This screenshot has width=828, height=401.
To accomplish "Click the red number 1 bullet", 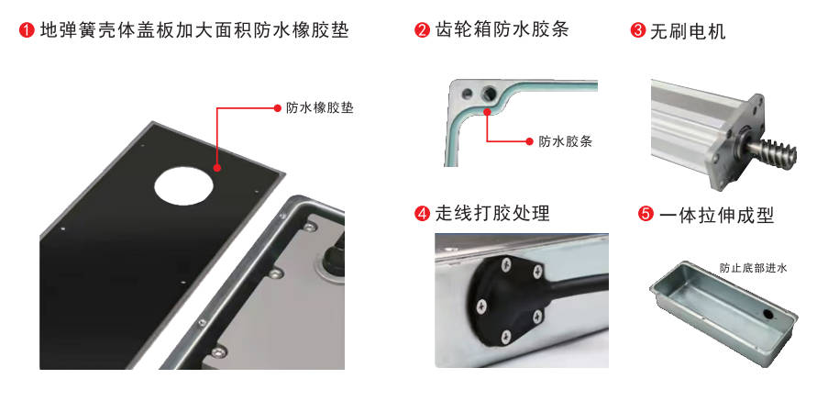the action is (x=27, y=29).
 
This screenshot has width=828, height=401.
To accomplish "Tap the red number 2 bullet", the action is (x=422, y=29).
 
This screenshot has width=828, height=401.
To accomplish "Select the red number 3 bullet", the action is (x=638, y=29).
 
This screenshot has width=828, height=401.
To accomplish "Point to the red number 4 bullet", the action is (x=422, y=214).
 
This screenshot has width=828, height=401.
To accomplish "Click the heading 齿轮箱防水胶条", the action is (x=502, y=29).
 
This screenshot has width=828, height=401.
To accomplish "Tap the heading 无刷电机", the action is (x=688, y=30).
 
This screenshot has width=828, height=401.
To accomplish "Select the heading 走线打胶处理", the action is (x=492, y=214).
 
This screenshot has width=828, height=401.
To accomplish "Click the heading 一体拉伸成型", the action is (x=716, y=215).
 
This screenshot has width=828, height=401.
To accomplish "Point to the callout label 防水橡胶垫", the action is (x=319, y=108).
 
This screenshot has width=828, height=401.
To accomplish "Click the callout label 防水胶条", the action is (x=565, y=141).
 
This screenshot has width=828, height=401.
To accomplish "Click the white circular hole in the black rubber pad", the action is (x=183, y=186).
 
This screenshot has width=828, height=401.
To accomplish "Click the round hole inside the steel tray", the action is (x=767, y=314).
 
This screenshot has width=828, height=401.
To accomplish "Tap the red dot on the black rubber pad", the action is (x=217, y=168).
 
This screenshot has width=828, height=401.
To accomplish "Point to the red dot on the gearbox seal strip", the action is (x=486, y=111).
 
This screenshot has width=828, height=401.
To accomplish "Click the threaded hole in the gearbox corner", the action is (x=489, y=94).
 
